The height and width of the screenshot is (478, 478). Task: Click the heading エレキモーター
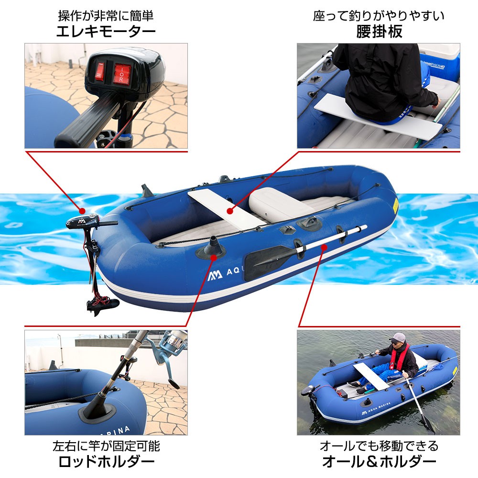click(x=106, y=32)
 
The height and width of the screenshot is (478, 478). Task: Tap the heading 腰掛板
click(x=379, y=32)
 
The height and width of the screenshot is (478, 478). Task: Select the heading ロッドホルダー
click(x=106, y=462)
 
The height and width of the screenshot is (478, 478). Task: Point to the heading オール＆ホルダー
click(x=379, y=462)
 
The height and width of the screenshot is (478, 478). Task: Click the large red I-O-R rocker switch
click(x=122, y=74)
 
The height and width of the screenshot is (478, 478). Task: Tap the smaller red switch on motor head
click(x=100, y=72)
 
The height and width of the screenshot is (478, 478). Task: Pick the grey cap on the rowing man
click(x=398, y=338)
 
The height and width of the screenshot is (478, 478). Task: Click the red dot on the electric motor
click(x=82, y=211)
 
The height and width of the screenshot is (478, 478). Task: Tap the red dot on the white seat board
click(x=230, y=211)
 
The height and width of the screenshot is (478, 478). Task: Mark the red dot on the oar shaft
click(x=324, y=247)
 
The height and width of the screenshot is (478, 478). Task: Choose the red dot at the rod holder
click(x=214, y=258)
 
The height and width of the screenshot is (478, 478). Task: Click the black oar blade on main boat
click(x=267, y=262)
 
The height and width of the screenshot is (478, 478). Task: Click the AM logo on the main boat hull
click(x=215, y=275)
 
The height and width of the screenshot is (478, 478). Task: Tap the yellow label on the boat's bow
click(x=395, y=206)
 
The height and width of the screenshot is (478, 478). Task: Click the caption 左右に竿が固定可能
click(x=106, y=446)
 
